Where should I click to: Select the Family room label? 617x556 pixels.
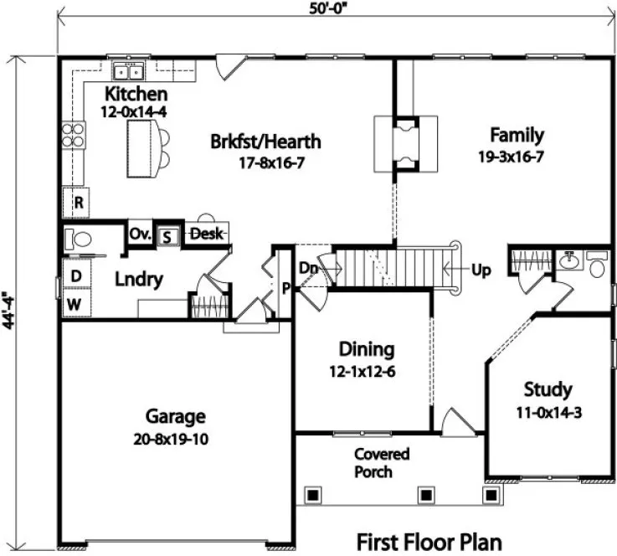pyautogui.click(x=517, y=135)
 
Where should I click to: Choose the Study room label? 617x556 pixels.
pyautogui.click(x=548, y=389)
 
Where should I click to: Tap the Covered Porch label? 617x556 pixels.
pyautogui.click(x=381, y=462)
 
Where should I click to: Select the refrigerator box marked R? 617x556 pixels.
pyautogui.click(x=77, y=202)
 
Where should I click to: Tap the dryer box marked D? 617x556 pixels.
pyautogui.click(x=75, y=275)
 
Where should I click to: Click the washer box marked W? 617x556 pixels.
pyautogui.click(x=75, y=304)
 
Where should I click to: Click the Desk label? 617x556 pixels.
pyautogui.click(x=206, y=234)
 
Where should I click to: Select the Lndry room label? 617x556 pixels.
pyautogui.click(x=139, y=280)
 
